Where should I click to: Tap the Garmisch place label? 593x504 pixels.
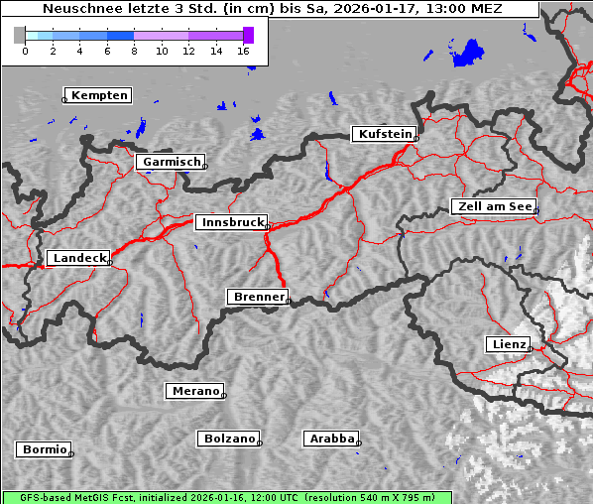point(172,162)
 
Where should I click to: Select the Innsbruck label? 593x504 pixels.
point(231,223)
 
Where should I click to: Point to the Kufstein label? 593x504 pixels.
point(385,134)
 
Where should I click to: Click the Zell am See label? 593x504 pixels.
point(495,206)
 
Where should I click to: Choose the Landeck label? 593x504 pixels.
point(79,258)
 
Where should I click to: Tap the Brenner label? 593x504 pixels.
point(259,297)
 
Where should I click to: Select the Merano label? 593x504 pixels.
point(194,391)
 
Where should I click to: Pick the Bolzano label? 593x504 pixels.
point(230,439)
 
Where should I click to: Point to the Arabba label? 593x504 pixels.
point(331,439)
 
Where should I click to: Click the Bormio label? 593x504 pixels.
point(45,449)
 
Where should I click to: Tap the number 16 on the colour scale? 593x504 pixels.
point(244,51)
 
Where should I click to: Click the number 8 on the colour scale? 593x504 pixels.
point(135,51)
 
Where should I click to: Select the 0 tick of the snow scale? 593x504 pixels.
point(25,51)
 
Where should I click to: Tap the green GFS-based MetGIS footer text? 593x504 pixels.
point(227,497)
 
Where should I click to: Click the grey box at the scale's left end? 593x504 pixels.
point(20,35)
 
